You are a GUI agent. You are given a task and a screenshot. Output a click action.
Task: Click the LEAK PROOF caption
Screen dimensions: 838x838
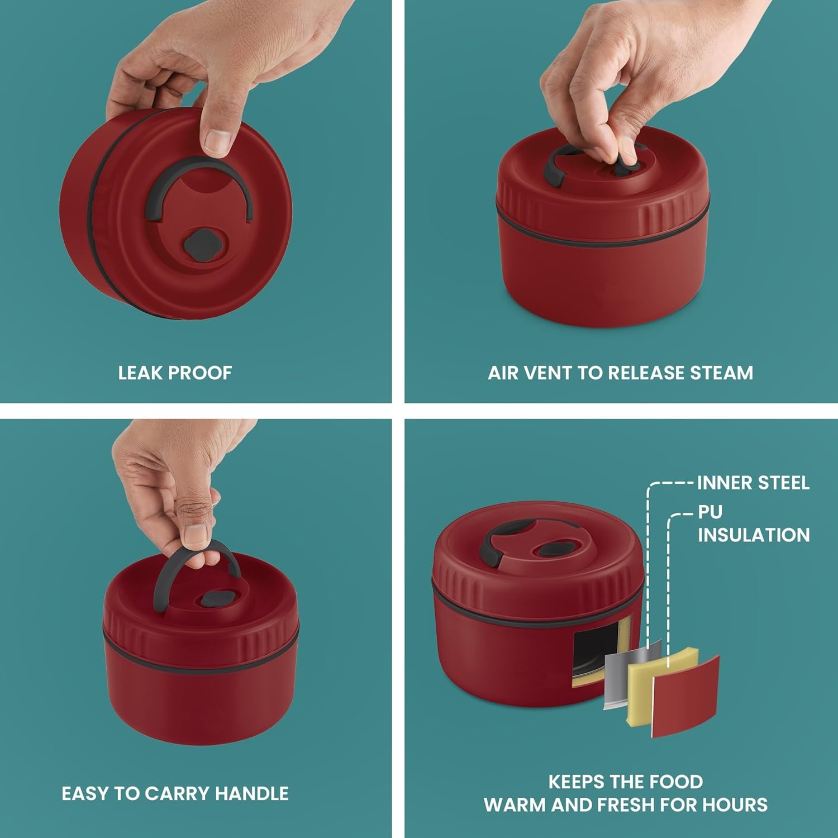[x=175, y=373]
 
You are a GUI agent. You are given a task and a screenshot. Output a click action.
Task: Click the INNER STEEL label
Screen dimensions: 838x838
[x=753, y=483]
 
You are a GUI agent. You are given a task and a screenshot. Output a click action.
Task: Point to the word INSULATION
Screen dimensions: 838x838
[x=753, y=535]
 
